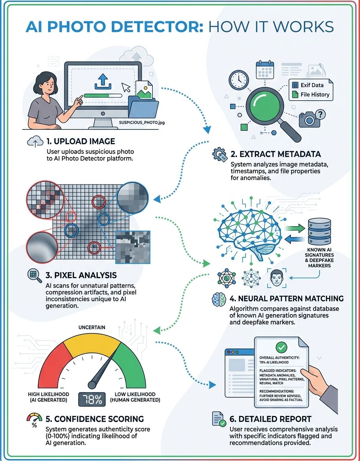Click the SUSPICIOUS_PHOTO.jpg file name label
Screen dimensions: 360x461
click(x=142, y=122)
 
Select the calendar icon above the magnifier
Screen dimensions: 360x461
click(x=265, y=69)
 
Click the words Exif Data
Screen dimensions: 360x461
click(x=312, y=85)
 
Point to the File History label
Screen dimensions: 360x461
click(x=315, y=95)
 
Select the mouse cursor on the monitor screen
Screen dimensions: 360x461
click(x=126, y=87)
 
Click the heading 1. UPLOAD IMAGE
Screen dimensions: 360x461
click(x=81, y=141)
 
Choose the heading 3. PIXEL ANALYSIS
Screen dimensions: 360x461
click(x=81, y=275)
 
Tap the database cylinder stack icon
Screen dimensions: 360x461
click(x=319, y=232)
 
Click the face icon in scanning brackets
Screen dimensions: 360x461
click(x=276, y=278)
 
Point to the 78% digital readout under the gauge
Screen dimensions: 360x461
click(x=92, y=399)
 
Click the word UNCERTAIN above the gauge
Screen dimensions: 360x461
click(x=92, y=327)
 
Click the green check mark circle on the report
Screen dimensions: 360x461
click(x=281, y=347)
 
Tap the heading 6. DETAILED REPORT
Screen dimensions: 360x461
click(x=270, y=419)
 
